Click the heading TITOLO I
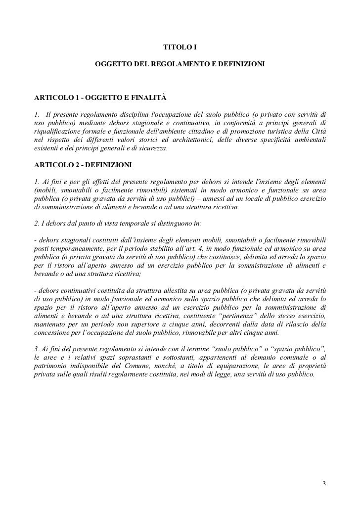click(180, 48)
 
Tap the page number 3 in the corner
click(324, 483)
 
